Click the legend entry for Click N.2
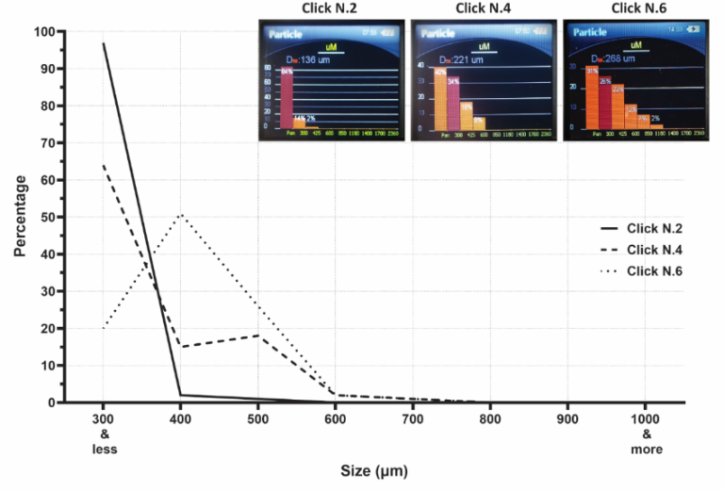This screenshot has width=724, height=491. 654,229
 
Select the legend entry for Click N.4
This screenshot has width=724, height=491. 654,250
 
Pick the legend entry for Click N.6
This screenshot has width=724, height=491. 654,271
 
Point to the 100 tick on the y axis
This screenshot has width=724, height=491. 43,31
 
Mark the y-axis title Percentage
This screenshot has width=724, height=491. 20,216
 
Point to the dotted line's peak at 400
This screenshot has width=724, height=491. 181,214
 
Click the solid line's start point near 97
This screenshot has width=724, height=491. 104,43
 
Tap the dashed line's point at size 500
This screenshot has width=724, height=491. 258,336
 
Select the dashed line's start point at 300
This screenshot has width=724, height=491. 104,166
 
